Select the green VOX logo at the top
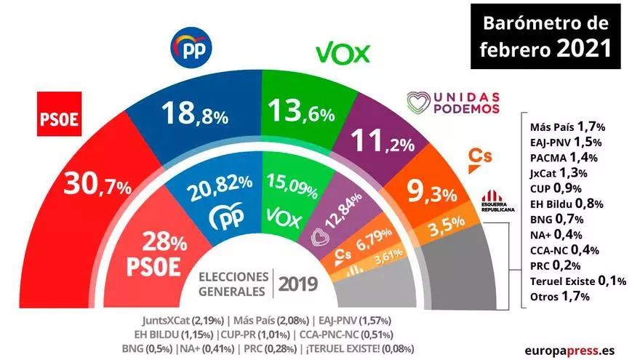coord(343,54)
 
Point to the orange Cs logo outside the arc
coord(474,156)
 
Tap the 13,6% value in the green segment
coord(300,112)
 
